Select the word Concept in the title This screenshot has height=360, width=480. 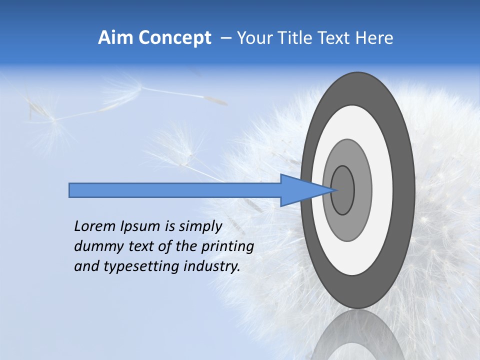(x=174, y=38)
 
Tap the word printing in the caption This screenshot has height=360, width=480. (x=227, y=246)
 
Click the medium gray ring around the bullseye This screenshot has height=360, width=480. (x=362, y=190)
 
